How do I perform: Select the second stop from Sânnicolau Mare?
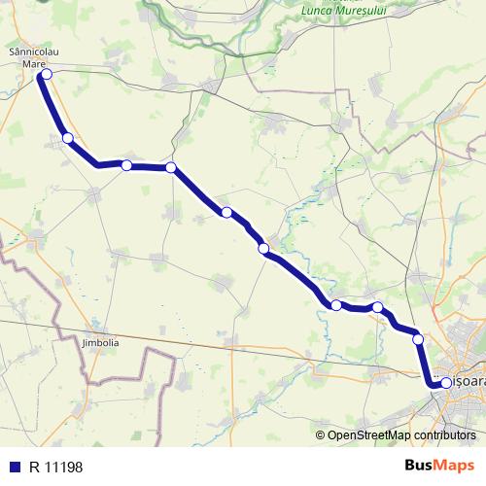pos(67,138)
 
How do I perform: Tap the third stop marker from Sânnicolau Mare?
pos(126,165)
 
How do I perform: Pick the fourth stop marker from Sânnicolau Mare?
pos(171,167)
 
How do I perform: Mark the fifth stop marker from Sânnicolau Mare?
pos(226,212)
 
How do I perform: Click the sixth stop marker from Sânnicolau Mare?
pos(263,249)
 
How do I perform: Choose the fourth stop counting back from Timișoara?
pos(336,305)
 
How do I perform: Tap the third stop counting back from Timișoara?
pos(377,308)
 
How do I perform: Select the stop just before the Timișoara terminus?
pos(418,339)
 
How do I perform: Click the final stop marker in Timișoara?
pos(446,384)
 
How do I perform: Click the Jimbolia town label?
pos(100,343)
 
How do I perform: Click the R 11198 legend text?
pos(56,467)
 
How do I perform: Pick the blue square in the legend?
pos(16,467)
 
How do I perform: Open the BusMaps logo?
pos(438,466)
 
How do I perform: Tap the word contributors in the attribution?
pos(444,435)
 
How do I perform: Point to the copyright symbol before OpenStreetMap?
pos(321,435)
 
